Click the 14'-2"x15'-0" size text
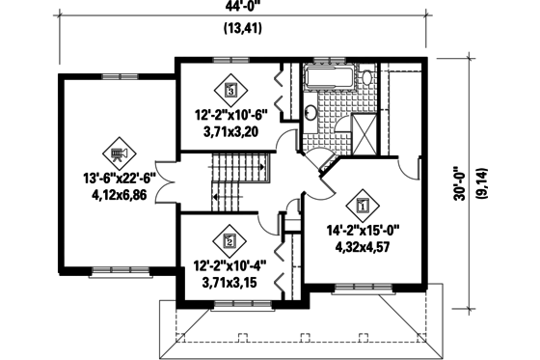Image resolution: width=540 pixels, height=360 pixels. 363,230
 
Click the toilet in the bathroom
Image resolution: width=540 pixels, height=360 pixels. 367,78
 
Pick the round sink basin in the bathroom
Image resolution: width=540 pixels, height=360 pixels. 311,114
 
